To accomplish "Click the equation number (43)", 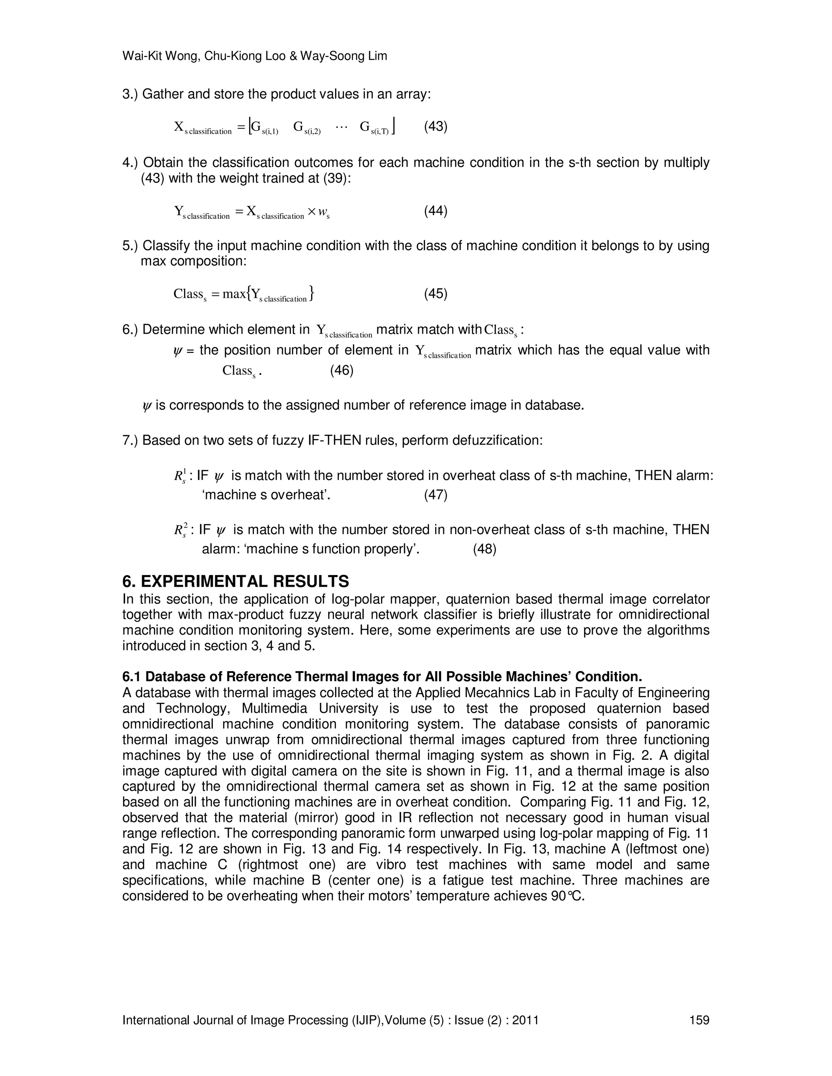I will [x=435, y=127].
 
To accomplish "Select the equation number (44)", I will [x=435, y=212].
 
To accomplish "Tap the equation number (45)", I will [x=435, y=294].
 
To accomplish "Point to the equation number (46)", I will [x=342, y=370].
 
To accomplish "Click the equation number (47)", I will [x=435, y=495].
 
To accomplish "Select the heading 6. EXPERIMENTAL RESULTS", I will [x=236, y=581].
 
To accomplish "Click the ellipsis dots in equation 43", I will [x=341, y=127].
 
